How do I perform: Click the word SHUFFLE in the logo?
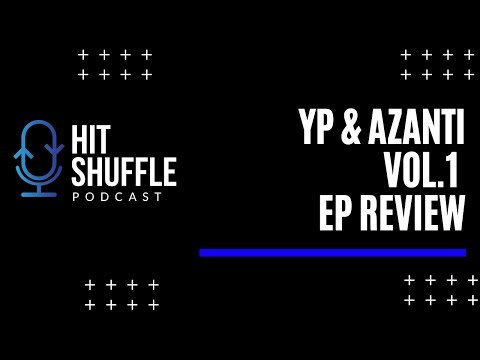[124, 172]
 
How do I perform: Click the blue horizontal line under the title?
[332, 252]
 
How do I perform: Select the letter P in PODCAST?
[75, 196]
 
